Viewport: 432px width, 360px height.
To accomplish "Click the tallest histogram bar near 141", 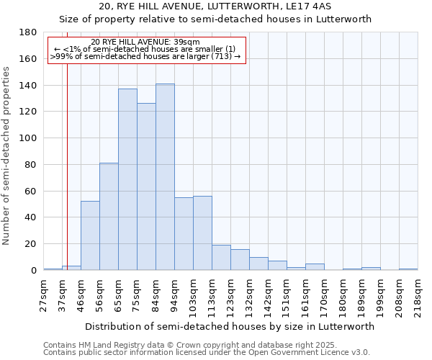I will [x=165, y=177].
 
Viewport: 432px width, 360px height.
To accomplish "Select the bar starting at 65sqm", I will [x=127, y=179].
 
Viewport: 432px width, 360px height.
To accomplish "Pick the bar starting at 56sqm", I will [x=109, y=216].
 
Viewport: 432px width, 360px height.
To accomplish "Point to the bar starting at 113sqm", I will [x=221, y=258].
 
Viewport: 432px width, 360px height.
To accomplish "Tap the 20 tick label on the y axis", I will [x=31, y=244].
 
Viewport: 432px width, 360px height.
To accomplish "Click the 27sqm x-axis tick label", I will [x=43, y=296].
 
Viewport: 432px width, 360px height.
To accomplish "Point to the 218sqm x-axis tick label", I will [x=418, y=296].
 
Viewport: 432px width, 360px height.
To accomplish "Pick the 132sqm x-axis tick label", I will [x=249, y=296].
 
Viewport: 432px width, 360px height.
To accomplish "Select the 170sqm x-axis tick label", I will [x=324, y=296].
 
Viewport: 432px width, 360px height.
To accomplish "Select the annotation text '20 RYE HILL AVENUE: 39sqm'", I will [x=145, y=42].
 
